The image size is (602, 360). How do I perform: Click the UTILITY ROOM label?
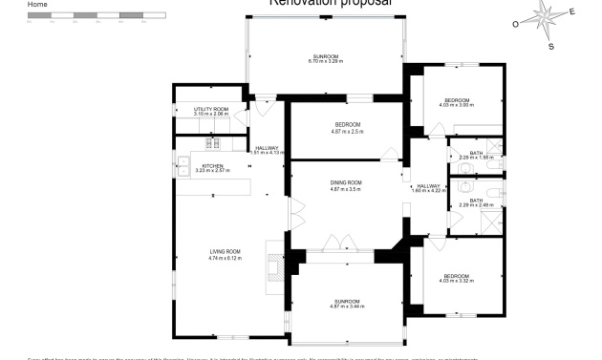click(x=211, y=110)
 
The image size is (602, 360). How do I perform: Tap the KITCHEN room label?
click(x=212, y=165)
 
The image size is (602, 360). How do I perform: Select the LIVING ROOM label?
click(x=226, y=251)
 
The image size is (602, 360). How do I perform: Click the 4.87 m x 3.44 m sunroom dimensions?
click(x=346, y=306)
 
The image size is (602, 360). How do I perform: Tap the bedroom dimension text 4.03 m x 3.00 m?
click(x=456, y=105)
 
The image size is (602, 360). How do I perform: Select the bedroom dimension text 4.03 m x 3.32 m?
click(x=456, y=281)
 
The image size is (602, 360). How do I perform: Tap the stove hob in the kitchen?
click(x=213, y=144)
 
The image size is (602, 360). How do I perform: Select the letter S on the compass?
click(x=551, y=46)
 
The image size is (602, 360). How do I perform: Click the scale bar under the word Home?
click(x=84, y=16)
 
